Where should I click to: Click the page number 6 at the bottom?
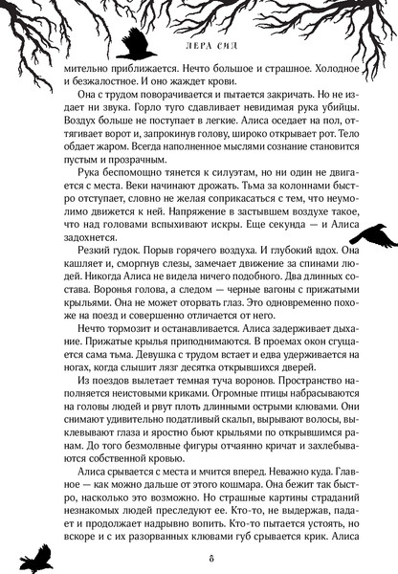pos(200,558)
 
